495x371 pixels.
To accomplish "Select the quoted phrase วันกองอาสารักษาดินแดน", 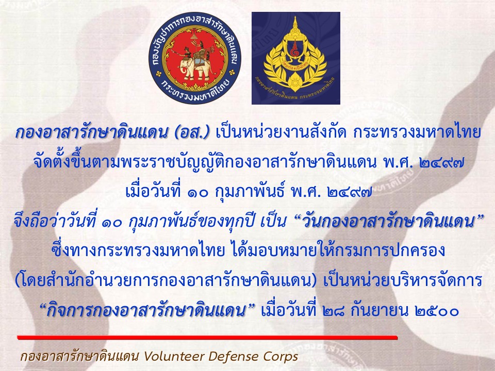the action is click(x=389, y=222).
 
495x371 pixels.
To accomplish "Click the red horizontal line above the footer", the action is click(x=207, y=338).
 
